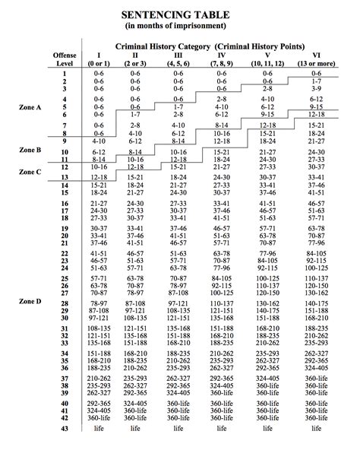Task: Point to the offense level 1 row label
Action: (x=65, y=73)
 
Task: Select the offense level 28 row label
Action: (x=65, y=304)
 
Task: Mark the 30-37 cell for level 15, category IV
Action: (x=222, y=193)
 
